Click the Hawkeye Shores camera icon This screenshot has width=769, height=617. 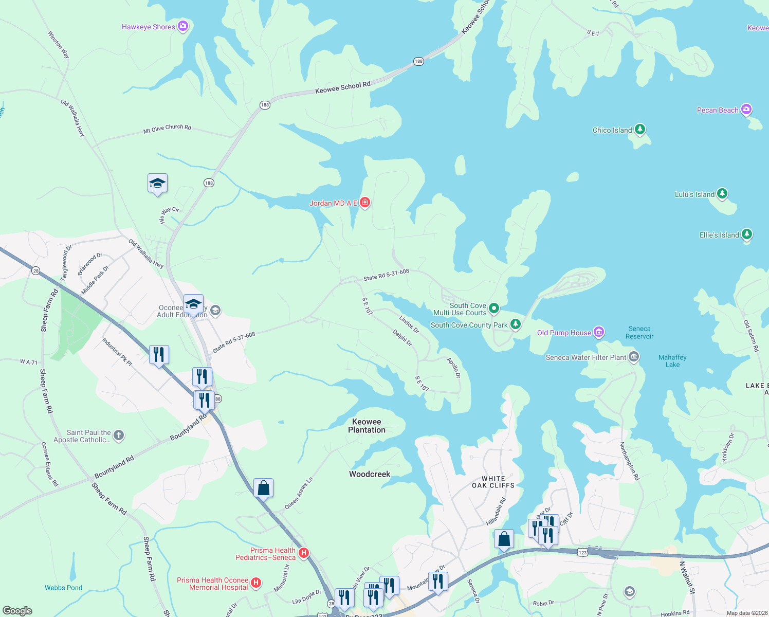182,26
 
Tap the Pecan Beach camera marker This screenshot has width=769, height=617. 746,110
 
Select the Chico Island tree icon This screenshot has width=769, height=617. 639,129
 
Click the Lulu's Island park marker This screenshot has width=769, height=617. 722,194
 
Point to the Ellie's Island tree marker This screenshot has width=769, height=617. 746,234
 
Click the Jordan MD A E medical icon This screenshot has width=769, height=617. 365,203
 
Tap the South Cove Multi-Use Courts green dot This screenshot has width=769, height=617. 493,308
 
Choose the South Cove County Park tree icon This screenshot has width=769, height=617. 515,324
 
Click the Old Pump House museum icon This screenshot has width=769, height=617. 598,332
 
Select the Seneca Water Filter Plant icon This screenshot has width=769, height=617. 633,357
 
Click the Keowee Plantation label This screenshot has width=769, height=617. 367,426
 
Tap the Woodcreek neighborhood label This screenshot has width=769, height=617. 370,474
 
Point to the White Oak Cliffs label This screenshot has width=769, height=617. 493,482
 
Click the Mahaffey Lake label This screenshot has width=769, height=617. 672,361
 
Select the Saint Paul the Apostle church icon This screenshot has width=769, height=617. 118,435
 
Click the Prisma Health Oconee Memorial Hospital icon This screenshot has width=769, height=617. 255,583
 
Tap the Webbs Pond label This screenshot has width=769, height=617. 63,588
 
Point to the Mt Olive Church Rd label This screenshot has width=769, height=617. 167,129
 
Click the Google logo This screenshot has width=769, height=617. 17,610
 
